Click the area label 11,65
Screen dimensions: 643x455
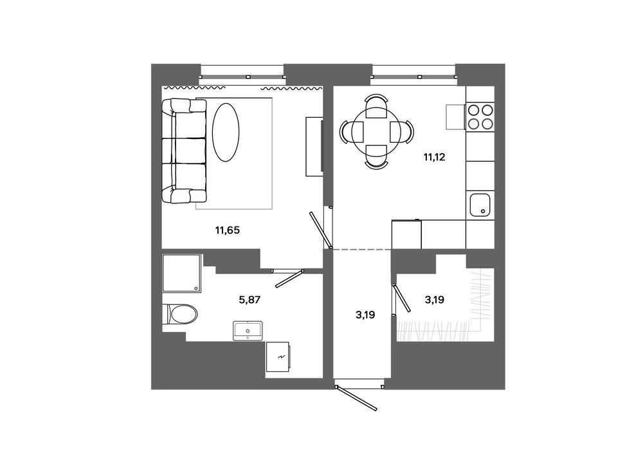click(x=227, y=230)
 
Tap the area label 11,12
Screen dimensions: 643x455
click(x=434, y=157)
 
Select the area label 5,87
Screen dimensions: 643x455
click(x=249, y=300)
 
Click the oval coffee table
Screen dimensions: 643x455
click(x=226, y=132)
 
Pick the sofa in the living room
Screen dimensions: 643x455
click(x=183, y=151)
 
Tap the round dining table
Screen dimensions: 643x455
click(x=376, y=132)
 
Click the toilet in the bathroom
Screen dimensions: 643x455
click(x=179, y=314)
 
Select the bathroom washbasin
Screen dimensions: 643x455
click(x=248, y=331)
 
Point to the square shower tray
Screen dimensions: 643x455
click(x=182, y=274)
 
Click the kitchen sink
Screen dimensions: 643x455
click(x=480, y=205)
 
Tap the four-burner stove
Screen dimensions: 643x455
click(x=480, y=116)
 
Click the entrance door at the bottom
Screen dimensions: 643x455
click(x=357, y=397)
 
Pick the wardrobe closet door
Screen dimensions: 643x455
click(x=401, y=297)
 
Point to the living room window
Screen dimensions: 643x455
click(x=242, y=77)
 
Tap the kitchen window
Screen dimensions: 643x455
click(x=413, y=77)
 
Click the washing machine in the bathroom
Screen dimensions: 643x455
click(x=279, y=357)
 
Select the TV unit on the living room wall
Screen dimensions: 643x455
click(x=315, y=147)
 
